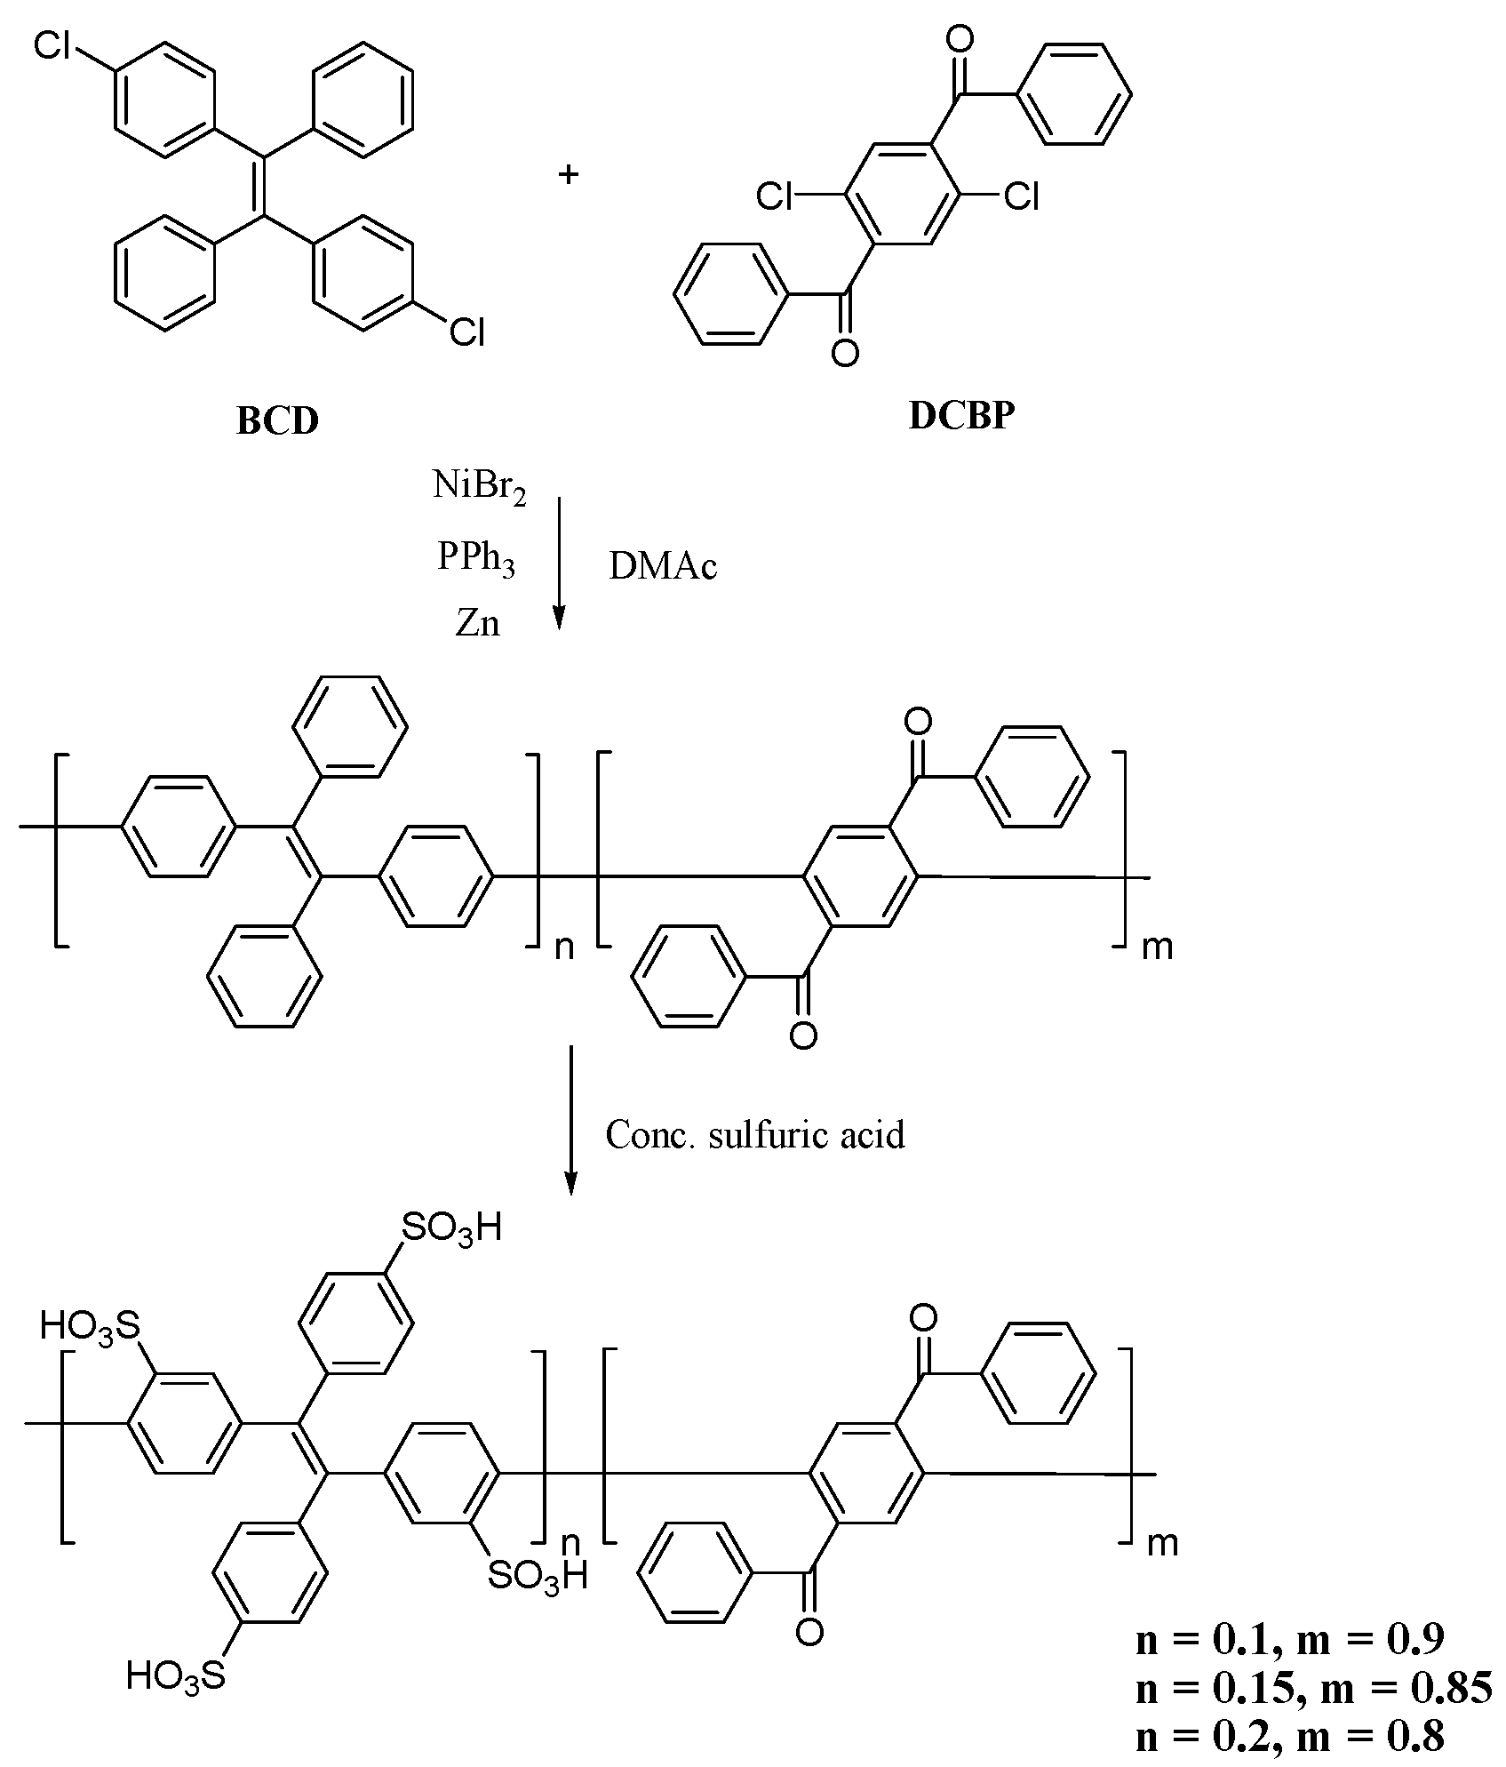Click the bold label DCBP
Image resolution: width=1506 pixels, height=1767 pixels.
[960, 416]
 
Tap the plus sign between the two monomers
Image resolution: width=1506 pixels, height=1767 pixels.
[568, 174]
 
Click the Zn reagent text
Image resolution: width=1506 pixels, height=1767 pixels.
[478, 624]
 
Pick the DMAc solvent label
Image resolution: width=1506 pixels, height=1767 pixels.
[663, 567]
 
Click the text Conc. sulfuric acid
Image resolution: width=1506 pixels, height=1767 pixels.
[755, 1135]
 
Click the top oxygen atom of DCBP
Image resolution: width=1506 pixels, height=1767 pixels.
[959, 39]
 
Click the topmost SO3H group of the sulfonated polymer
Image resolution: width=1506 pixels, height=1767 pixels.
[451, 1228]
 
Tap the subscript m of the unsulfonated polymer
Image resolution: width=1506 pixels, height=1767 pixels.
[1157, 947]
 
